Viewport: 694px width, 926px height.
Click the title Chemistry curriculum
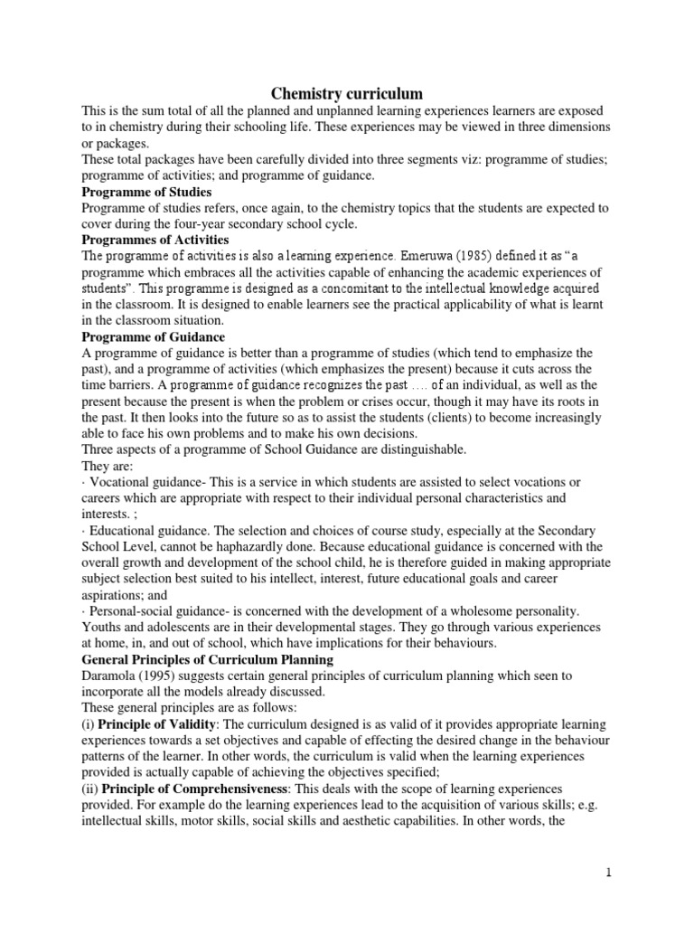[348, 93]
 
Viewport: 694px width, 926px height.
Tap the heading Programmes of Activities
[155, 240]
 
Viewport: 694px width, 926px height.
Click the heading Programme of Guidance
[153, 336]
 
